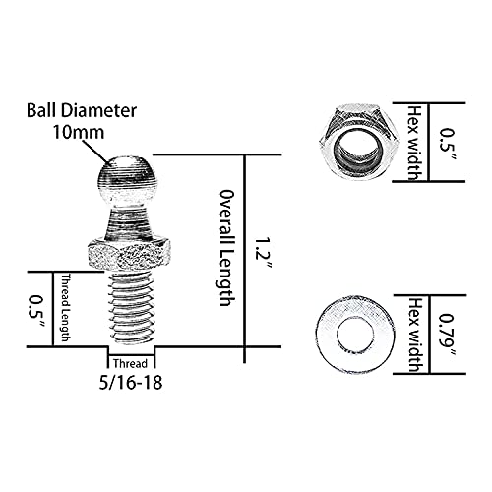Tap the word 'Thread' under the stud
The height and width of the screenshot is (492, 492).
pyautogui.click(x=131, y=360)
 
